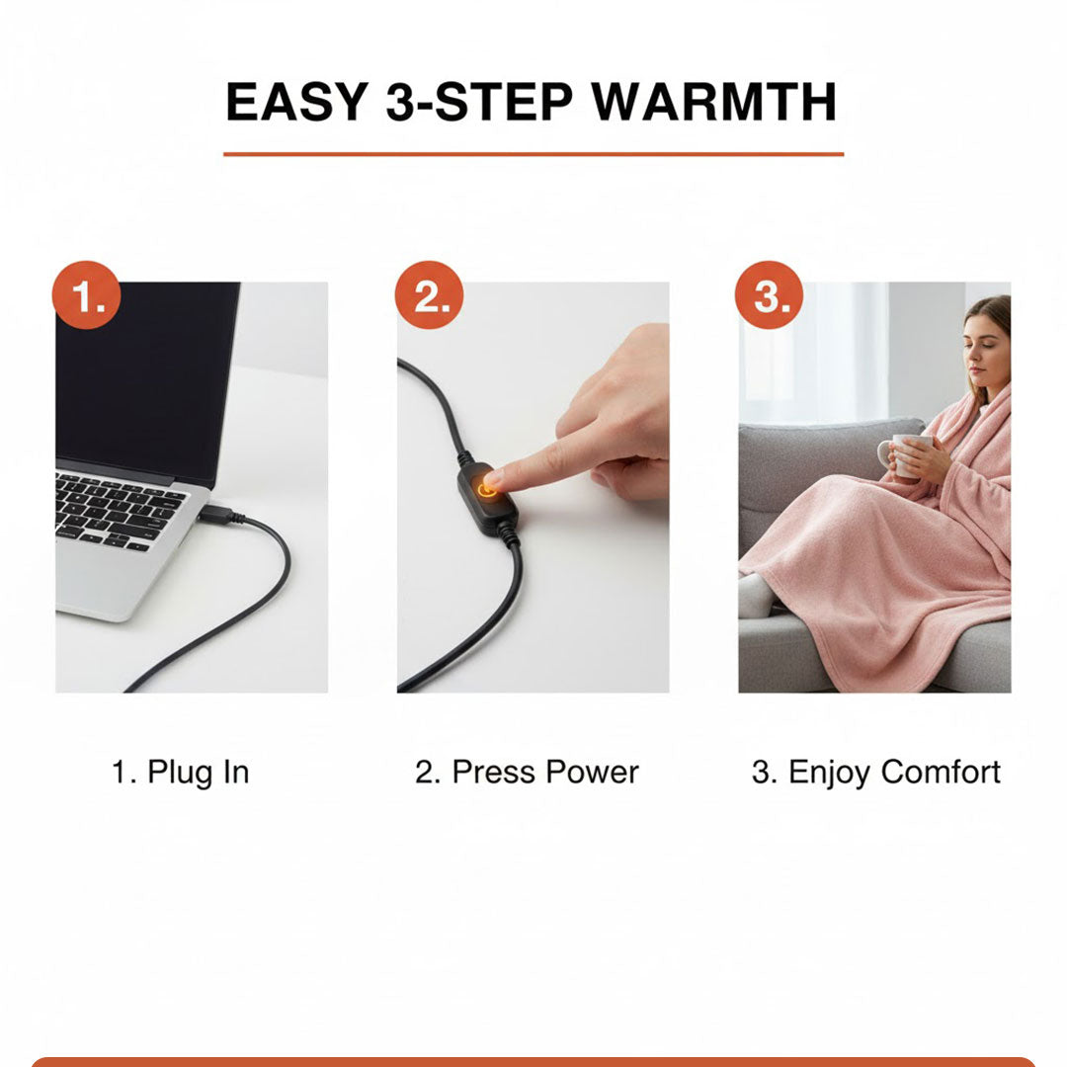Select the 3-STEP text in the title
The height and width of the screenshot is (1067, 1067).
click(x=474, y=102)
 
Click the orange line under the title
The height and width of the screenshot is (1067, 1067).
click(x=533, y=154)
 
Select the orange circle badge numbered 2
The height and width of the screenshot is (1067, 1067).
click(x=430, y=295)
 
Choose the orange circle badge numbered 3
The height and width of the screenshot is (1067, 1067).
click(x=770, y=295)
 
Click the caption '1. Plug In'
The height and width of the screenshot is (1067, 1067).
click(x=180, y=773)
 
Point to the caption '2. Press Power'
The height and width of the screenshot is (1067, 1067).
click(x=527, y=773)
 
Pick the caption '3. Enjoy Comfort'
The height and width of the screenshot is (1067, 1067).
click(x=875, y=773)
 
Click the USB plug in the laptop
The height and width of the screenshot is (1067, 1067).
click(x=216, y=513)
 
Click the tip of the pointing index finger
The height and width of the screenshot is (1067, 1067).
click(x=492, y=481)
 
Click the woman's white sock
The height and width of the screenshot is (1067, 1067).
click(x=756, y=598)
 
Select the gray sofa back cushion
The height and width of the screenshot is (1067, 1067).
click(x=800, y=474)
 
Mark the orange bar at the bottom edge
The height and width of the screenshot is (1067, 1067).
click(x=533, y=1061)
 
